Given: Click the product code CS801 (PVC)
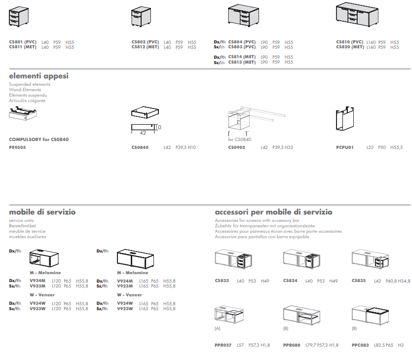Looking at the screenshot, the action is click(23, 42).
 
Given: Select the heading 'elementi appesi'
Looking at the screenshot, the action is click(38, 76).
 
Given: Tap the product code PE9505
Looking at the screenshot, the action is click(17, 147).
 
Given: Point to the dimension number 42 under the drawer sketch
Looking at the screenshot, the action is click(143, 133).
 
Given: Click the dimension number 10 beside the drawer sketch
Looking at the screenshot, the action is click(158, 127).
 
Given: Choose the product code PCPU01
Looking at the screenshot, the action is click(345, 147).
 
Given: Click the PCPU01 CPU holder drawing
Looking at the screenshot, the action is click(345, 118).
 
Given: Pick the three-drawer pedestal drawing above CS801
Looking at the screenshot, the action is click(18, 16).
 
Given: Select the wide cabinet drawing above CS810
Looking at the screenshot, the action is click(357, 15).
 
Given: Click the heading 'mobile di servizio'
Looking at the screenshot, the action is click(42, 212).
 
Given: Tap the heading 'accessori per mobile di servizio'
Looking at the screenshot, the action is click(273, 212).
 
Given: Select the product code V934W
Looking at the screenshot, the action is click(37, 304).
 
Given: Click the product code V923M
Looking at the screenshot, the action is click(125, 286).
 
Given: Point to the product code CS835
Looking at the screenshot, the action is click(359, 281).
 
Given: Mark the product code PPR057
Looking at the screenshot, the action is click(223, 345).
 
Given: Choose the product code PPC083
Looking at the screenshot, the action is click(360, 345).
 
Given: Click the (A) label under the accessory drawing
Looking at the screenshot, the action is click(218, 328).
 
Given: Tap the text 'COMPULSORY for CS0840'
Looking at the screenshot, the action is click(39, 140).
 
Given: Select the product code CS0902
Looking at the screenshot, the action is click(236, 147).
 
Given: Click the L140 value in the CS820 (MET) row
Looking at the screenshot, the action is click(371, 47).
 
